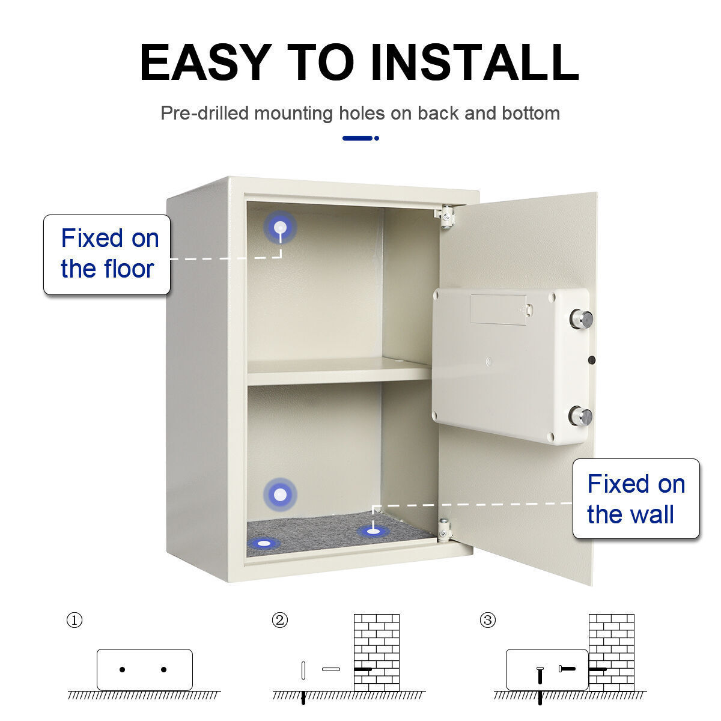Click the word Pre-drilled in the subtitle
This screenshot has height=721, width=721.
coord(204,113)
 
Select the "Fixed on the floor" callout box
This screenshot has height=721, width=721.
coord(107,255)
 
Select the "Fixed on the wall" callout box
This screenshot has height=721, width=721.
coord(636,499)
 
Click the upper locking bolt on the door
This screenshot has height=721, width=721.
coord(581,318)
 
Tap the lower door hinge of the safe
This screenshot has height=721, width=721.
coord(444,529)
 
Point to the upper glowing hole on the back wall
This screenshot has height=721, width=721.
coord(280,228)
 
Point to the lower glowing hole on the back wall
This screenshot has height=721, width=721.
coord(280,495)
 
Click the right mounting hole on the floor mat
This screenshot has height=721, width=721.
coord(373,531)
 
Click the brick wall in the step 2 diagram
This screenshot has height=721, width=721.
coord(377,652)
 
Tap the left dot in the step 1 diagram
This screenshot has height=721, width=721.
coord(123,669)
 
